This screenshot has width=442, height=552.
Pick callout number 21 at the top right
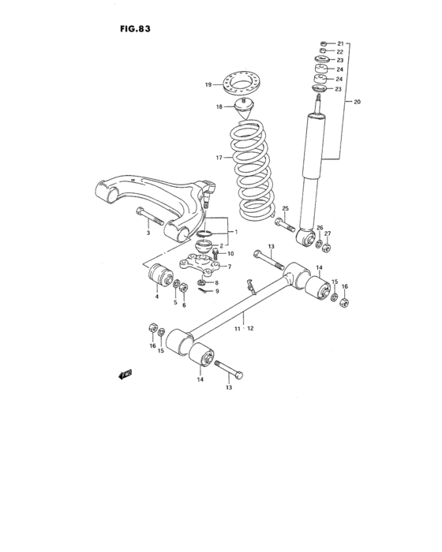click(x=341, y=43)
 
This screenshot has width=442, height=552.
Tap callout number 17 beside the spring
click(x=219, y=158)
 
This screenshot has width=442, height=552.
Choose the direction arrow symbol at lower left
click(x=124, y=376)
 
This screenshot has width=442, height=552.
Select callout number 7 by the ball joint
click(x=229, y=267)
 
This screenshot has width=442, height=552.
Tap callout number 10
click(x=230, y=254)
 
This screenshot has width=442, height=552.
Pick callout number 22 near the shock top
click(x=341, y=51)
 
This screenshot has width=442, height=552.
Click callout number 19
click(x=209, y=84)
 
